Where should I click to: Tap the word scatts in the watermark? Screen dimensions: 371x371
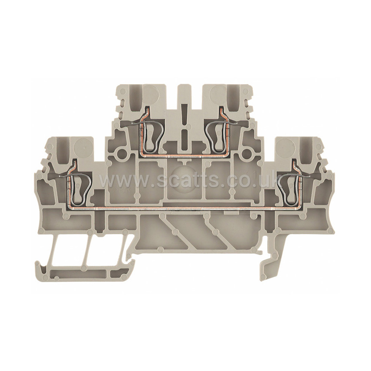tap(188, 180)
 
